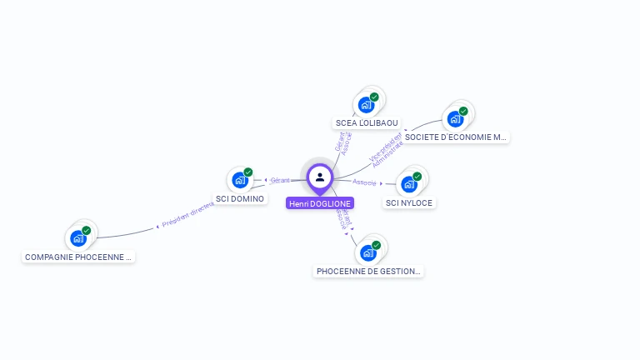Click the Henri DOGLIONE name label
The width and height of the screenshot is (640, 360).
click(x=320, y=202)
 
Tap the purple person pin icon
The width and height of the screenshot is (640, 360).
click(x=320, y=177)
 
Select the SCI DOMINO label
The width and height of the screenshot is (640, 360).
click(x=240, y=199)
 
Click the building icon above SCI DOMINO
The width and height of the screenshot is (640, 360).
click(x=240, y=180)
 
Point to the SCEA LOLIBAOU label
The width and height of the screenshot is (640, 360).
click(x=367, y=123)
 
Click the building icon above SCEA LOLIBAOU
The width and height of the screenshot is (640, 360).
click(x=366, y=105)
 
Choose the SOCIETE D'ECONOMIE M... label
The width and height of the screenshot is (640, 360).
click(x=455, y=137)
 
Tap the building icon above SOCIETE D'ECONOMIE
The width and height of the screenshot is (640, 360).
click(x=455, y=118)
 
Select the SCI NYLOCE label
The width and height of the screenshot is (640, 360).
click(x=409, y=202)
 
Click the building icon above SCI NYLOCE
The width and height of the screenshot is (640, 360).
click(x=409, y=184)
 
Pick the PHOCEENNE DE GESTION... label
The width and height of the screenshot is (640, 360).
click(x=369, y=271)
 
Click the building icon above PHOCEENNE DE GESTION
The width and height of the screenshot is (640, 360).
click(x=367, y=252)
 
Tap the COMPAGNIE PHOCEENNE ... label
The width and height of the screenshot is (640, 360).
click(x=79, y=257)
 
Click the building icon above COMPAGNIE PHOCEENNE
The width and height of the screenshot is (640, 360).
click(x=78, y=238)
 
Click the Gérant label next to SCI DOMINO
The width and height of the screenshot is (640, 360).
click(x=280, y=180)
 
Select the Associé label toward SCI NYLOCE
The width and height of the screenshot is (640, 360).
click(x=364, y=182)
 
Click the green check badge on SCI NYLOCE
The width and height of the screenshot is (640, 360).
click(x=417, y=176)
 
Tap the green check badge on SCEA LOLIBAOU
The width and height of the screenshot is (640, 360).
click(x=374, y=97)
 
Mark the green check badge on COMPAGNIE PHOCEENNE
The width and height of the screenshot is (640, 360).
click(x=87, y=230)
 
